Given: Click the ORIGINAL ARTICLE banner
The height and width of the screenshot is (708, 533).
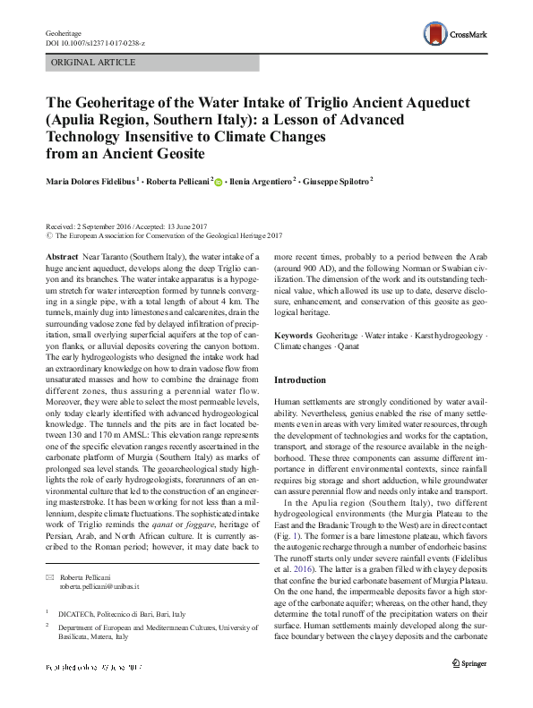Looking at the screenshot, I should tap(94, 63).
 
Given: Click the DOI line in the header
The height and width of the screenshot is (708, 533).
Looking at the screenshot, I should tap(94, 43).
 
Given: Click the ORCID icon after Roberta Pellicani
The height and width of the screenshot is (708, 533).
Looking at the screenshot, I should tap(219, 182).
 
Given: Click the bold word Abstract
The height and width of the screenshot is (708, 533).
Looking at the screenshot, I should tap(61, 256).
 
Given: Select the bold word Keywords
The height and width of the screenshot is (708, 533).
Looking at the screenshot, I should tap(295, 334).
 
